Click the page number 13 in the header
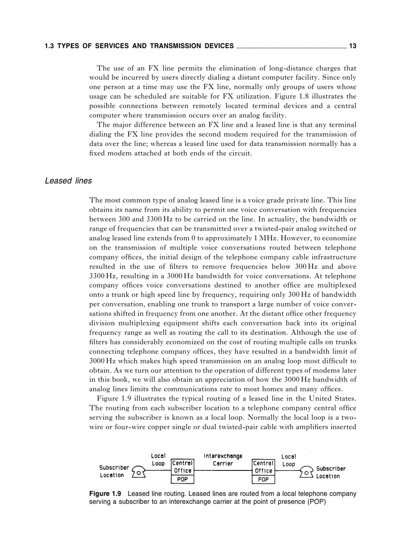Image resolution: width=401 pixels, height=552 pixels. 352,46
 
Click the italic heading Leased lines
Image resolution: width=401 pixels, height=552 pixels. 68,181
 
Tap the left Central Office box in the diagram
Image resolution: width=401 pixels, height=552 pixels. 182,466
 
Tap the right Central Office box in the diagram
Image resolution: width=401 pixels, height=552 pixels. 263,466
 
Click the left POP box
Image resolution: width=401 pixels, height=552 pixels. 182,479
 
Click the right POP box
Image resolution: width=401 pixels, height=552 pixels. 263,479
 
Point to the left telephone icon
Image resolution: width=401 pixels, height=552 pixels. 140,472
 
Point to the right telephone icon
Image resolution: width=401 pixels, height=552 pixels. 306,472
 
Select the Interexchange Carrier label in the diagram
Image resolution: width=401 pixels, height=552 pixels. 223,460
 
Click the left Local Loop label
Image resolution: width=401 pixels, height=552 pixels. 158,460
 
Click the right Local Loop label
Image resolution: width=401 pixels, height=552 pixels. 288,460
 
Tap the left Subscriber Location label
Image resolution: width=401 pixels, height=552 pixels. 114,471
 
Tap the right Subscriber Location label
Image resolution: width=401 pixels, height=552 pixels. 331,472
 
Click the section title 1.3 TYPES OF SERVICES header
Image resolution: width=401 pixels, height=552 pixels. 139,46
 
